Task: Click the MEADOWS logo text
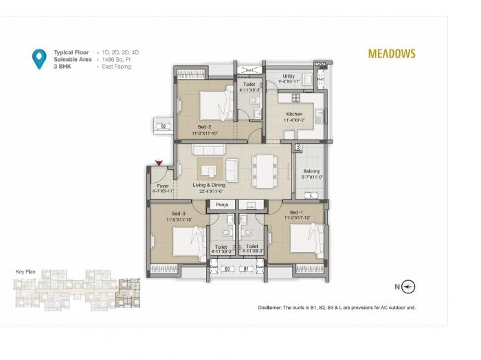391,53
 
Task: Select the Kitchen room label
294,114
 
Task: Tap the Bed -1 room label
298,213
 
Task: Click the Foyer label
163,186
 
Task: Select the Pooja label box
221,205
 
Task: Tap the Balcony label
311,172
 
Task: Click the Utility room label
289,77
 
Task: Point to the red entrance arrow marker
159,164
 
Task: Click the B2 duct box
163,126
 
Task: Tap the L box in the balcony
311,196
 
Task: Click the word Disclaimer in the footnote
273,307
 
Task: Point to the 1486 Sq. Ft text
117,60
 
